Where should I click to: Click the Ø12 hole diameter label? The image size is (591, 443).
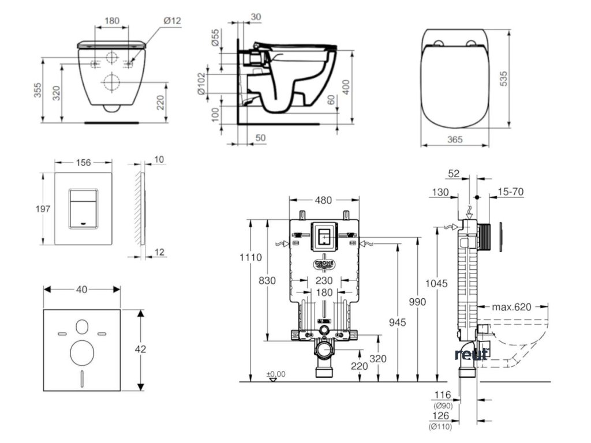[172, 21]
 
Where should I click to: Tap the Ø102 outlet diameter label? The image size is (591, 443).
[201, 84]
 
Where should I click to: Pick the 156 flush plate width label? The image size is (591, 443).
[84, 163]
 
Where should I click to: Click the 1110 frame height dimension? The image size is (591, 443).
[252, 257]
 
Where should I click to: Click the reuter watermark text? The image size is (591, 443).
[472, 354]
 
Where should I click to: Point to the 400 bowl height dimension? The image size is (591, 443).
[346, 87]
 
